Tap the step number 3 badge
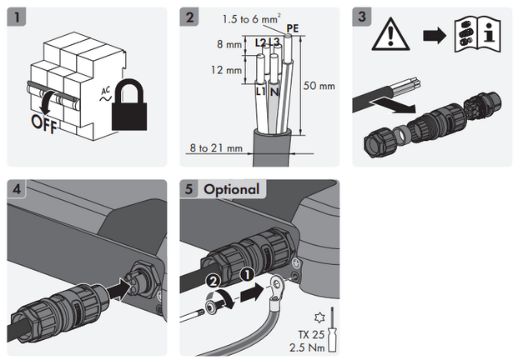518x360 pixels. coord(362,17)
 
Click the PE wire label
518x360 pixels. coord(292,28)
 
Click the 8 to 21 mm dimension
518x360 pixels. coord(215,148)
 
